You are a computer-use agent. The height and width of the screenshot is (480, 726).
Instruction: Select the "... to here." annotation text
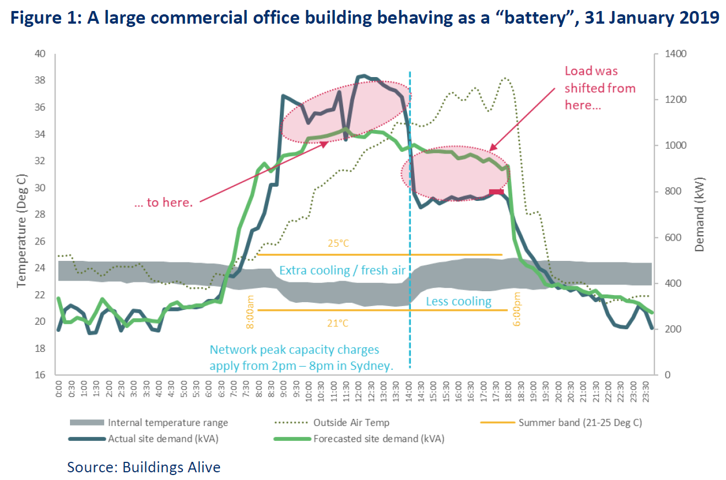tap(164, 203)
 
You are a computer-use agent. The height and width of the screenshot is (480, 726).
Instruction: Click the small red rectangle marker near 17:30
tap(496, 192)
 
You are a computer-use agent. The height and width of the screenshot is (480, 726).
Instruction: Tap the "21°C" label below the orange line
tap(337, 323)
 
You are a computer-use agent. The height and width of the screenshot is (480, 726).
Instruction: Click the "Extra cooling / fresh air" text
tap(342, 270)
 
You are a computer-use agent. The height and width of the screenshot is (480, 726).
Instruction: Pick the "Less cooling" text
tap(458, 301)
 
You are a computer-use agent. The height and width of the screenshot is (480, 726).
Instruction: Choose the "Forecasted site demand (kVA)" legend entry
tap(378, 439)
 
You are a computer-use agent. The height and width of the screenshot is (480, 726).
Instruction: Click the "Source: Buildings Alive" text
tap(144, 467)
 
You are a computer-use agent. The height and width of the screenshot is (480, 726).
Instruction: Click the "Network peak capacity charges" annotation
tap(294, 350)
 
